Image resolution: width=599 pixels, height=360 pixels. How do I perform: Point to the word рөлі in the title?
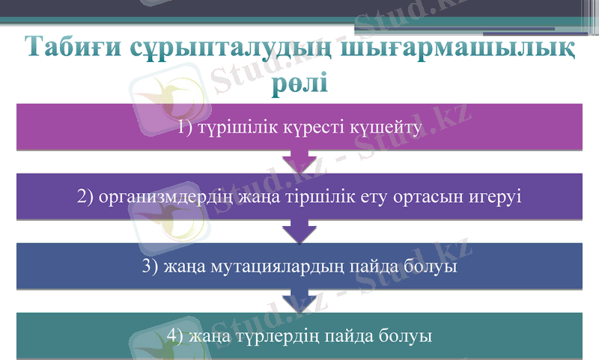coord(299,79)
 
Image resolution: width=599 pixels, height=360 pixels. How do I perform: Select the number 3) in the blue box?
coord(150,266)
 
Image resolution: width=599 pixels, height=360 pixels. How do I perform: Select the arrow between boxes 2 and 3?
coord(299,231)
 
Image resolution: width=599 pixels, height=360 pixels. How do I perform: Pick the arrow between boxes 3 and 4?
coord(299,301)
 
